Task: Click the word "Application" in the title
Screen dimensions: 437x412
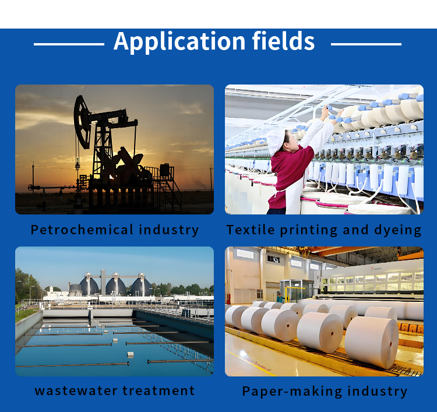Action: click(x=179, y=41)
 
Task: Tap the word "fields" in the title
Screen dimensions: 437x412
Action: click(x=283, y=41)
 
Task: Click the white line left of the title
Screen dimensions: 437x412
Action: click(x=69, y=44)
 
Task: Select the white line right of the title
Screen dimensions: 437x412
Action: click(x=366, y=44)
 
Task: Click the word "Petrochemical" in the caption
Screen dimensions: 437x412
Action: click(x=82, y=230)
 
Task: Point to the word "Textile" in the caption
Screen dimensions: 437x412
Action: click(x=251, y=230)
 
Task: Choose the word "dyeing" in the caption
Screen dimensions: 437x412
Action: click(x=398, y=231)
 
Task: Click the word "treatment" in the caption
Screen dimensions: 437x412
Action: click(x=158, y=390)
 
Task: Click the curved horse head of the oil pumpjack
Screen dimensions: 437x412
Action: click(x=82, y=122)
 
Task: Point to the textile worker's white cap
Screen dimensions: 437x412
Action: click(x=275, y=141)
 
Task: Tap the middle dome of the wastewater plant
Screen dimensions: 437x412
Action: click(x=116, y=286)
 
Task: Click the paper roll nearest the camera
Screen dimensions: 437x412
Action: click(x=372, y=342)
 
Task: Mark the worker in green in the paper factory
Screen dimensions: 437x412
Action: click(x=279, y=298)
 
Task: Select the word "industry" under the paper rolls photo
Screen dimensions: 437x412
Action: click(x=378, y=392)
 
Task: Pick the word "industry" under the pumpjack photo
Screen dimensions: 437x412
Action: click(x=169, y=230)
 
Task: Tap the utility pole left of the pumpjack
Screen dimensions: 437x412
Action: click(x=33, y=178)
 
